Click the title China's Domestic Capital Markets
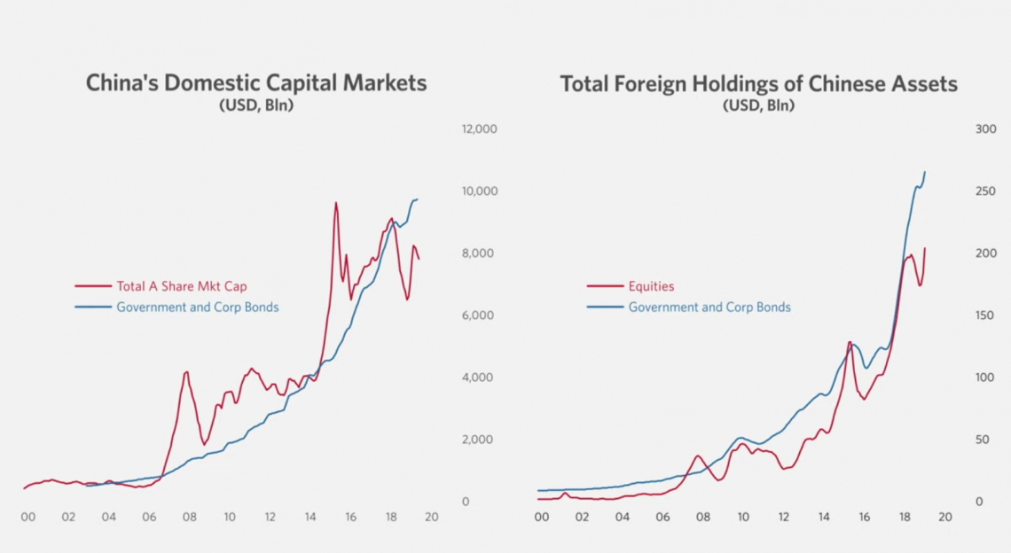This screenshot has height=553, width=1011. [256, 83]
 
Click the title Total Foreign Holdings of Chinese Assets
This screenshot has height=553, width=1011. [758, 83]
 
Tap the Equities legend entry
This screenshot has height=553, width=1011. [651, 286]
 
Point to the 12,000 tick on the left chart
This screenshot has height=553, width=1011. [479, 129]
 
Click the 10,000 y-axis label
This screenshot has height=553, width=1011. [479, 191]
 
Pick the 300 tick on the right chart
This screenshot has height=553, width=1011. [985, 129]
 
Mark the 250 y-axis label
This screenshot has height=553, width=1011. [985, 191]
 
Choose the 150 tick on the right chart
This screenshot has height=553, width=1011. [985, 315]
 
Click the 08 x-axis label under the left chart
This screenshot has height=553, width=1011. [189, 518]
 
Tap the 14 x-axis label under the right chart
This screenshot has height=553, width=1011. [823, 518]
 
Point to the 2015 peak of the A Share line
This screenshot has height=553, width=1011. [335, 203]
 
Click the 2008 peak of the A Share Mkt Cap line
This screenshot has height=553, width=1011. [186, 372]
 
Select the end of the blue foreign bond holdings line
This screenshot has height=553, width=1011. [925, 172]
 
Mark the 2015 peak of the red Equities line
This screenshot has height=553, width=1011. [850, 342]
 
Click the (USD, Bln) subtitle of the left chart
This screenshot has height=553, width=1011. [256, 105]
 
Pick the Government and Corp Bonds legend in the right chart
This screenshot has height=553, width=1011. [709, 308]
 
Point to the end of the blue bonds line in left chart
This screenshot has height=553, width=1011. [418, 199]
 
